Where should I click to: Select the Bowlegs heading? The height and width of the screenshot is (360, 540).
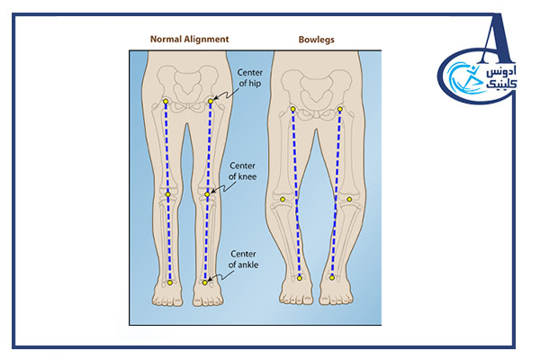(x=316, y=40)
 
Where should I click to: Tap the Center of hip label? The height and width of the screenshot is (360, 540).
(x=249, y=77)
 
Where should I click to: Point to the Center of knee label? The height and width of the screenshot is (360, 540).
(x=243, y=171)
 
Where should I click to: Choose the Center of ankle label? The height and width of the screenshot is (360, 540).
(x=245, y=260)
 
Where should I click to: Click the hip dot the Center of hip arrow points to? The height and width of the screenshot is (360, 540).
(x=211, y=101)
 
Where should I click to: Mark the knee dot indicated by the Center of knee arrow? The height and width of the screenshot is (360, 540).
(x=207, y=193)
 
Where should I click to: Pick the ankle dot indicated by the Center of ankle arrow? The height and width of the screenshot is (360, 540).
(x=205, y=283)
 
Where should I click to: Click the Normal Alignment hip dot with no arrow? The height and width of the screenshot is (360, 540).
(x=166, y=101)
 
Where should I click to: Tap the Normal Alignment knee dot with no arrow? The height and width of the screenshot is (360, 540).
(x=167, y=193)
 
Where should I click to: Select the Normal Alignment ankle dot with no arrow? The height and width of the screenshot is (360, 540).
(x=169, y=283)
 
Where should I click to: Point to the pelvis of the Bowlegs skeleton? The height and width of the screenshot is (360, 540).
(x=317, y=95)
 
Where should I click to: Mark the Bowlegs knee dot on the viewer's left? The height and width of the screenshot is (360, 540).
(x=283, y=199)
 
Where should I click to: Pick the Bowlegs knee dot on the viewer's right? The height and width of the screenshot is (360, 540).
(x=349, y=199)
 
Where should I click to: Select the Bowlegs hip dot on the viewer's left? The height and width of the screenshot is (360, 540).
(x=292, y=111)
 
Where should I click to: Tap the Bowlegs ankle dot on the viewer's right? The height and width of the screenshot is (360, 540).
(x=332, y=278)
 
